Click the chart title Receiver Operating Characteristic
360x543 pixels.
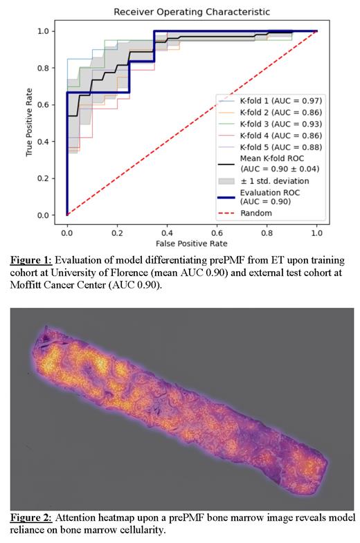(192, 12)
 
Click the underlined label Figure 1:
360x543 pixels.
(32, 261)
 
